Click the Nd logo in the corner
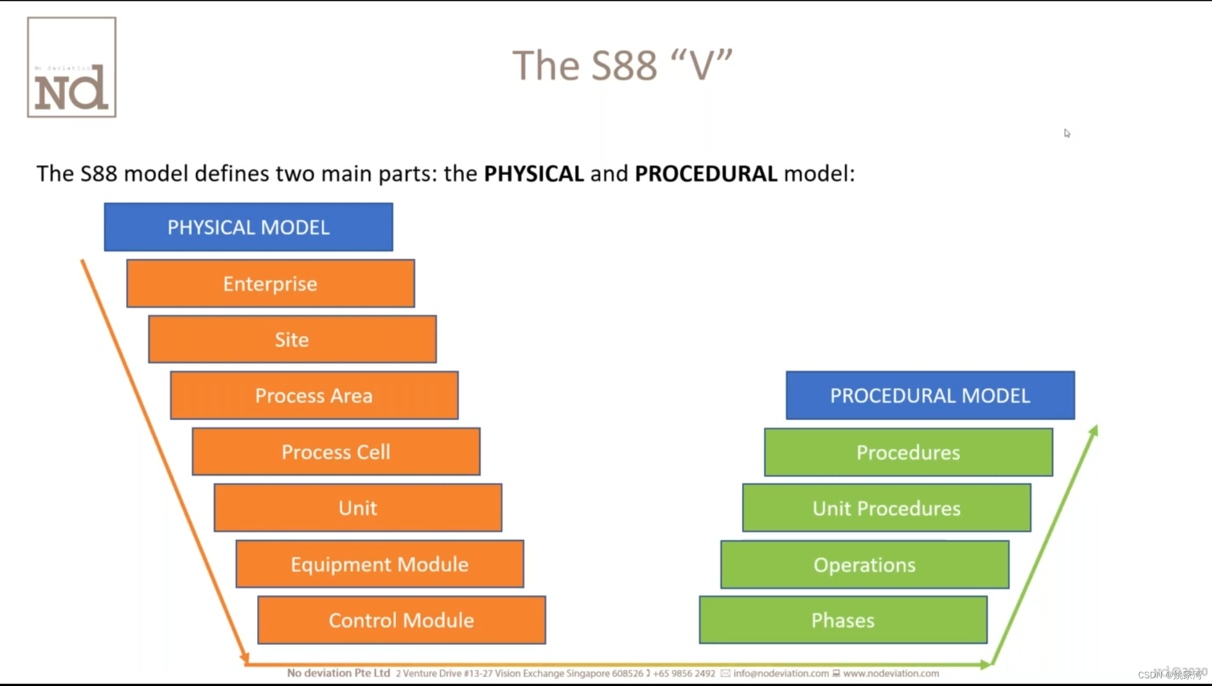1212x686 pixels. pos(71,68)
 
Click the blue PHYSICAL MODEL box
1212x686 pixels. pos(248,227)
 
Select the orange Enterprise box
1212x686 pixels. pos(270,284)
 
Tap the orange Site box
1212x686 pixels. pos(292,339)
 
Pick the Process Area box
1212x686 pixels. pos(314,395)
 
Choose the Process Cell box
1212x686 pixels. pos(335,452)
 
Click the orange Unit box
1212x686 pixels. pos(357,508)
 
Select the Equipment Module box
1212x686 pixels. pos(379,564)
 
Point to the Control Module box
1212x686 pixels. pos(401,620)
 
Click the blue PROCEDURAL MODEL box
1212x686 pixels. pos(930,395)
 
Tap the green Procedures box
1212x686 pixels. pos(908,453)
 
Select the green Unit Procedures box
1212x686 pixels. pos(886,509)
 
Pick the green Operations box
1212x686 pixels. pos(864,564)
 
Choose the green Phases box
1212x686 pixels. pos(842,620)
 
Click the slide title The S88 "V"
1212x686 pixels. pos(622,66)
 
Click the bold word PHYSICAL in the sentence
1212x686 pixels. pos(533,174)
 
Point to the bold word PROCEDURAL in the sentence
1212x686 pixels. pos(706,174)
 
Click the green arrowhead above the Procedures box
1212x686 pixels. pos(1093,430)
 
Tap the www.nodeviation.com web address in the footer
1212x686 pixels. pos(891,673)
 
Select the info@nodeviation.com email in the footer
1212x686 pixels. pos(780,673)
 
